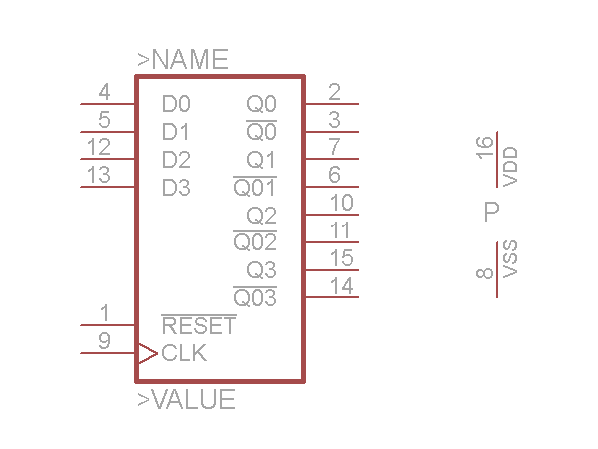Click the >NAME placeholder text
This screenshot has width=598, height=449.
pyautogui.click(x=182, y=60)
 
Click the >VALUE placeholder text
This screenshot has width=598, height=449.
pyautogui.click(x=186, y=401)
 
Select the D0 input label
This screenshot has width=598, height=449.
pyautogui.click(x=176, y=104)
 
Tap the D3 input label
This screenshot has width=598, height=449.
pyautogui.click(x=176, y=188)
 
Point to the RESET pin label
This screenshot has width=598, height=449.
pyautogui.click(x=199, y=326)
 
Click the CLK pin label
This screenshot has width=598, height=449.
pyautogui.click(x=184, y=353)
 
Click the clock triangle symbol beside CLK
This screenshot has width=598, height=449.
pyautogui.click(x=147, y=353)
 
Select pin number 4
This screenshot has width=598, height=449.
pyautogui.click(x=104, y=93)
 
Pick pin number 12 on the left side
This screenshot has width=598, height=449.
pyautogui.click(x=98, y=148)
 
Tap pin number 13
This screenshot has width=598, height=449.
pyautogui.click(x=98, y=176)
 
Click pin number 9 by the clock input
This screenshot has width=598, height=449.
pyautogui.click(x=104, y=341)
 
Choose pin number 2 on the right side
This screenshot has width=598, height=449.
pyautogui.click(x=334, y=93)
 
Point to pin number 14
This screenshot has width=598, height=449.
pyautogui.click(x=341, y=287)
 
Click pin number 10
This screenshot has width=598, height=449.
pyautogui.click(x=341, y=204)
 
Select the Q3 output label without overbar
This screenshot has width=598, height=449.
pyautogui.click(x=262, y=270)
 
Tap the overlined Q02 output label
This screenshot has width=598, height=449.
pyautogui.click(x=255, y=242)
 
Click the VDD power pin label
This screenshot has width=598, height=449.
pyautogui.click(x=511, y=167)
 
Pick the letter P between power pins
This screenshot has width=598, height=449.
pyautogui.click(x=490, y=212)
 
